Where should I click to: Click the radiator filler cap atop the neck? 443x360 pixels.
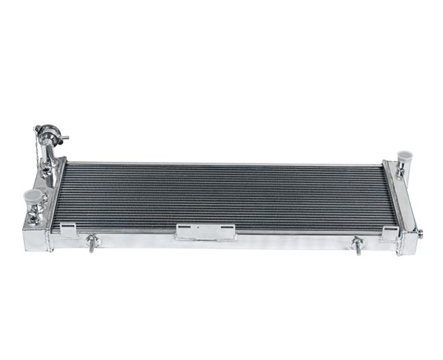point(48,132)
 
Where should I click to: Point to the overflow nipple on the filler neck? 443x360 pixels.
point(64,139)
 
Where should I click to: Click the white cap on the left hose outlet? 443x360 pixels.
point(33,196)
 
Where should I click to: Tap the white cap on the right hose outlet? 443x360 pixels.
point(405,156)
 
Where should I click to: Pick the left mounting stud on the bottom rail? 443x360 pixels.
point(92,242)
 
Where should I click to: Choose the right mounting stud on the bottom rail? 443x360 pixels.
point(357,244)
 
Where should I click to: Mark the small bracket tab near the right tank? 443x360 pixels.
point(390,233)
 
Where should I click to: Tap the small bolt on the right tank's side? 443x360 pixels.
point(419,233)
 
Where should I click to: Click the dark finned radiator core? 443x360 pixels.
point(221,195)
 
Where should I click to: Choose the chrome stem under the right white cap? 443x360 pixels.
point(404,171)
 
